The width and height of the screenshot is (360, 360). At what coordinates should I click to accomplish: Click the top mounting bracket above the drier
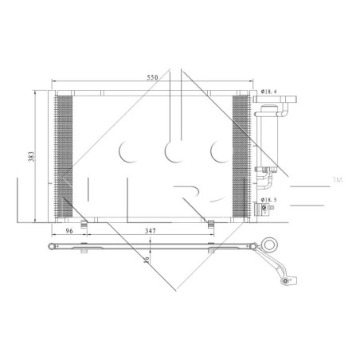[x=279, y=101]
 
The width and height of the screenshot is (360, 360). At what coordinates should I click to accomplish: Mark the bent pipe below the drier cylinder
[x=262, y=178]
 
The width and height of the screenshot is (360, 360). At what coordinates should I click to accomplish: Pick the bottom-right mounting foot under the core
[x=211, y=222]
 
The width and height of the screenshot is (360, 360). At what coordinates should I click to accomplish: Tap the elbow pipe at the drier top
[x=257, y=112]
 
